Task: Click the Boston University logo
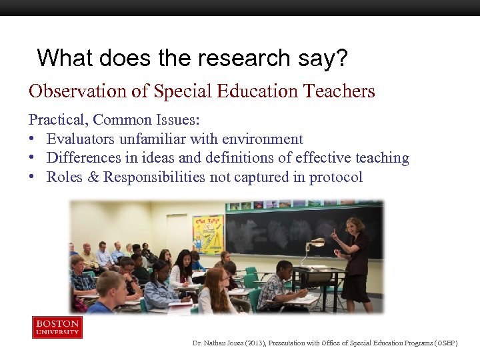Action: coord(57,327)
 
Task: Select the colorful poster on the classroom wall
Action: coord(208,234)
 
